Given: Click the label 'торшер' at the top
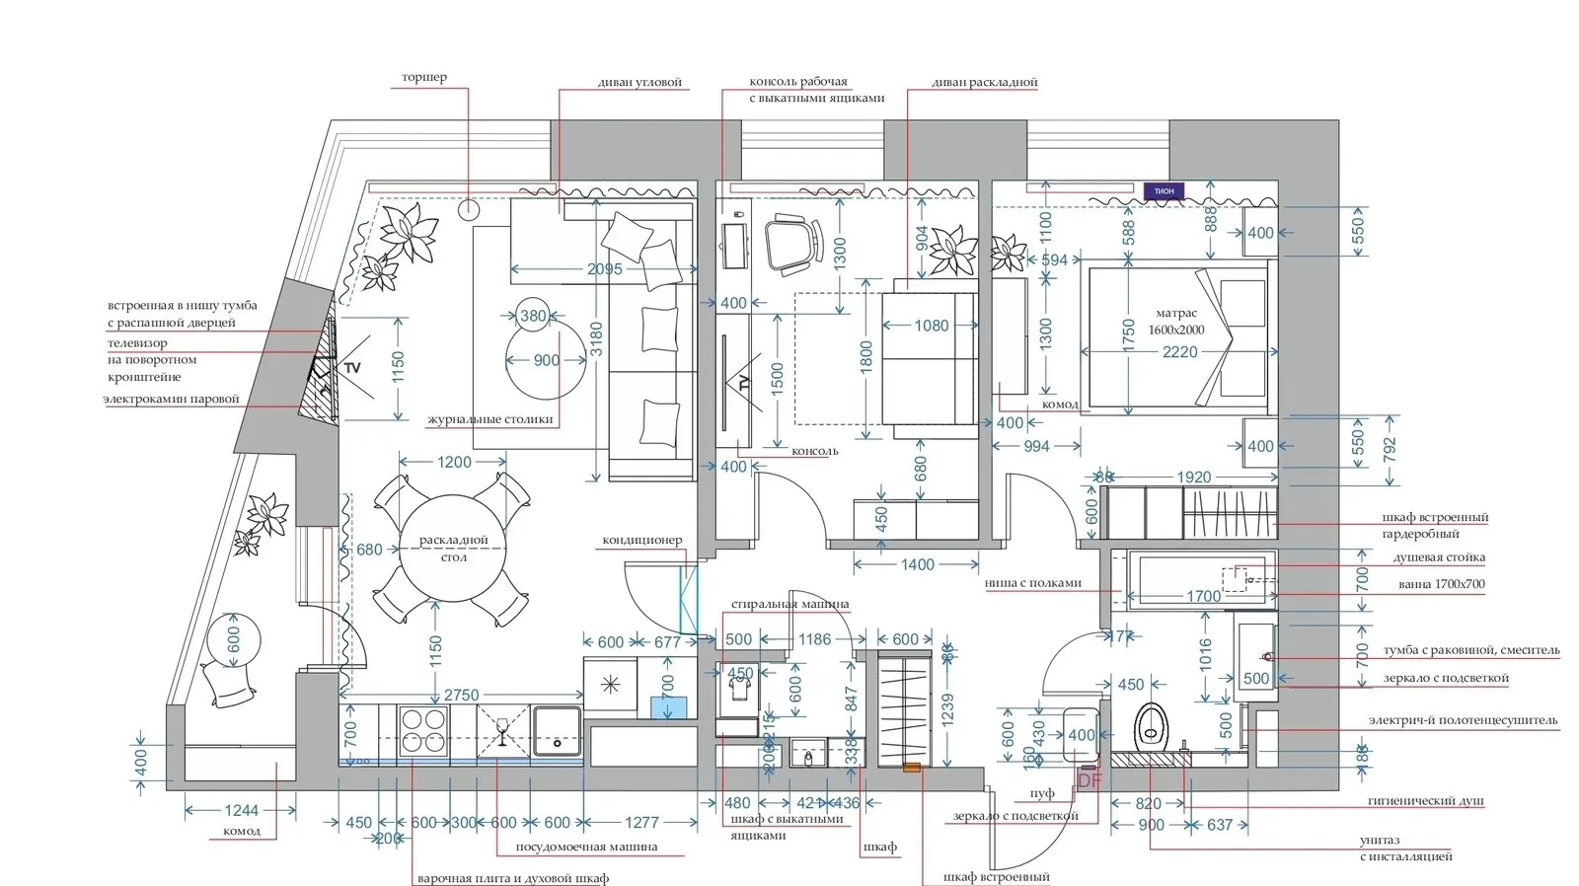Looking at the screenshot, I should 423,77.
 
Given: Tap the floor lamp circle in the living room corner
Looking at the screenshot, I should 469,208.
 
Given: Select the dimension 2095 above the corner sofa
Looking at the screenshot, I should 605,269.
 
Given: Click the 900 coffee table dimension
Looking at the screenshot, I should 546,360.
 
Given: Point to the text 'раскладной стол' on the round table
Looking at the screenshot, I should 454,549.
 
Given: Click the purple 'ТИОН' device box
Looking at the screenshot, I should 1164,191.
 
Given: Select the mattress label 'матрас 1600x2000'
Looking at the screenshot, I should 1175,322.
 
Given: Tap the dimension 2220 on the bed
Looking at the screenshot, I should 1179,352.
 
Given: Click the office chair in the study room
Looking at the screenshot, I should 793,242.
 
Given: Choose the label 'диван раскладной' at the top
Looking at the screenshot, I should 984,83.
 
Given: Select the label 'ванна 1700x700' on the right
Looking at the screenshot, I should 1441,584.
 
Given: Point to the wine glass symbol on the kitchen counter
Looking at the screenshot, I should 502,732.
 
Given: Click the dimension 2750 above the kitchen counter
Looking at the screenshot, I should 461,695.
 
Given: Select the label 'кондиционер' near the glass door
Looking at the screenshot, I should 641,541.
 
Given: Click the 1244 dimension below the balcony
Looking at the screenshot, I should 241,811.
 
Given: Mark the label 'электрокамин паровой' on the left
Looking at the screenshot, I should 172,399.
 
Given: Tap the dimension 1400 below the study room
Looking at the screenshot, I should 917,564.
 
